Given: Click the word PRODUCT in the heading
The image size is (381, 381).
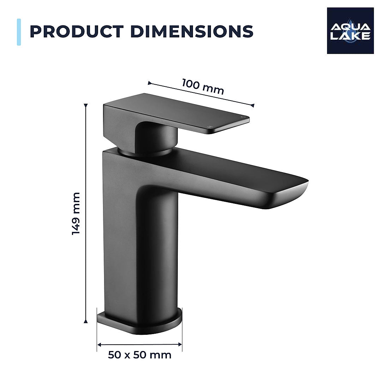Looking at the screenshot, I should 77,31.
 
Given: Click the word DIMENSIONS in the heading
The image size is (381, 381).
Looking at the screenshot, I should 192,31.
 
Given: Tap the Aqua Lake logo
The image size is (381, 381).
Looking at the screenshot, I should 350,31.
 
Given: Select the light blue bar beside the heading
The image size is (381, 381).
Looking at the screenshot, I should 19,32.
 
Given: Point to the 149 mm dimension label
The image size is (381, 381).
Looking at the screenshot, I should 76,213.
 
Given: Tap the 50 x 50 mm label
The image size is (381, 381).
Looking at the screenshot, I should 140,355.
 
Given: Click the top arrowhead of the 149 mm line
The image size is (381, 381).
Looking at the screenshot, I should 86,105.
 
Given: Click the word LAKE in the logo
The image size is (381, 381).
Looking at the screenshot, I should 350,36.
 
